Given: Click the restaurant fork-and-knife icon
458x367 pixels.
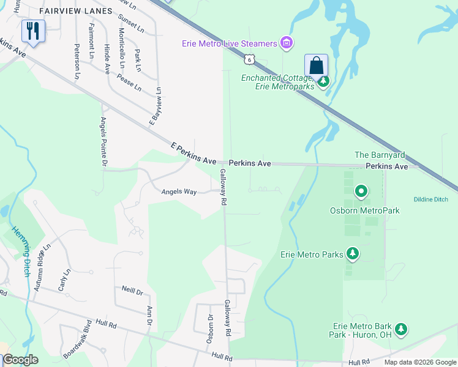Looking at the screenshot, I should pos(33,31).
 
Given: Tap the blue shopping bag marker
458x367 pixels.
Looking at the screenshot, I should pos(316,65).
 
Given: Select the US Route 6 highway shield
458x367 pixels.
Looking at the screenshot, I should pos(248,59).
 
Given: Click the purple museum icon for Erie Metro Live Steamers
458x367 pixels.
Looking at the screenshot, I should pos(285,43).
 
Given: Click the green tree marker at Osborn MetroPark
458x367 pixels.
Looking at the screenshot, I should pos(361,192).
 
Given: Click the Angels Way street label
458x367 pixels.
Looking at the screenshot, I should pos(179,192).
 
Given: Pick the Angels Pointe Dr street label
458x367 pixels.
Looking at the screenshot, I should pos(103,142).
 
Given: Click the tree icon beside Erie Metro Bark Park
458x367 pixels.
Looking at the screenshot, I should pos(401,330).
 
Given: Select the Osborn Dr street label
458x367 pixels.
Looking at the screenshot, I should pos(210,328).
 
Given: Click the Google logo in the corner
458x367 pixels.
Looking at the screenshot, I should pos(20,360).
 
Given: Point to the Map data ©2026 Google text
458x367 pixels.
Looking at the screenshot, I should pos(420,362).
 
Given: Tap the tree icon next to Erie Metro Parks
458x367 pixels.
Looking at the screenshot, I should pos(352,253).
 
